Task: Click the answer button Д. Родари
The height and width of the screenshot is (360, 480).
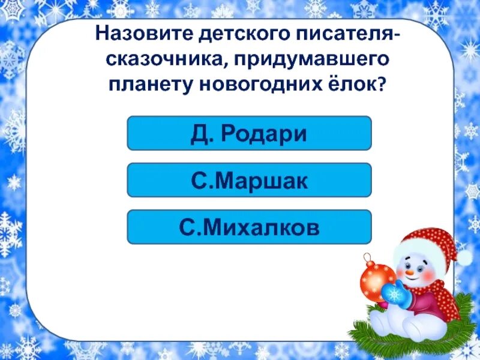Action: click(249, 133)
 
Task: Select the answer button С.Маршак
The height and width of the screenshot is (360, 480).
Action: click(249, 180)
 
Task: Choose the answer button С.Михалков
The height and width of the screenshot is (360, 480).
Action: click(249, 227)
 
